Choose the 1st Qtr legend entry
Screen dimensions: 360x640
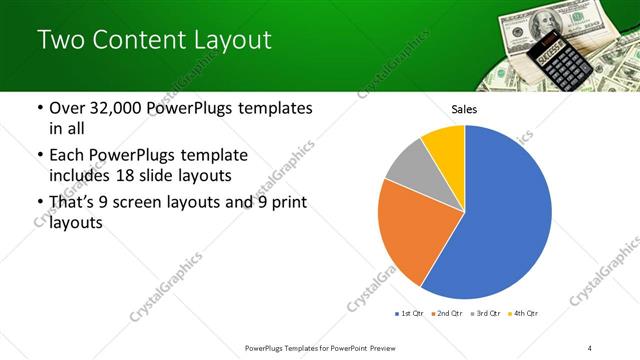coord(410,314)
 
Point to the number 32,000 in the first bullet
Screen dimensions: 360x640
coord(116,109)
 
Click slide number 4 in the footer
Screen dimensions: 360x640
coord(590,348)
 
